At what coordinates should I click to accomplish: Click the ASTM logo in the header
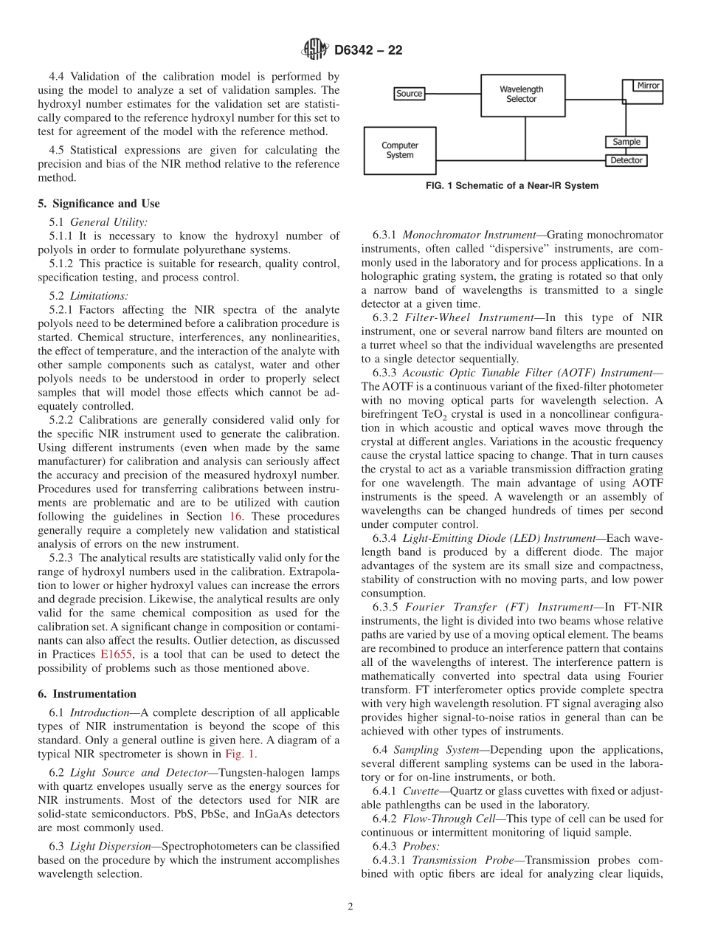tap(316, 50)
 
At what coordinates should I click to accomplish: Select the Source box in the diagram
tap(409, 94)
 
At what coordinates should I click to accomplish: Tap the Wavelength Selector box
tap(522, 94)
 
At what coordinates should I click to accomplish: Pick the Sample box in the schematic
tap(626, 142)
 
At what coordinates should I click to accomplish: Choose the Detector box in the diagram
tap(626, 160)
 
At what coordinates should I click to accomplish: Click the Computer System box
tap(399, 151)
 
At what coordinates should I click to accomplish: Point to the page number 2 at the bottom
tap(350, 907)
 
